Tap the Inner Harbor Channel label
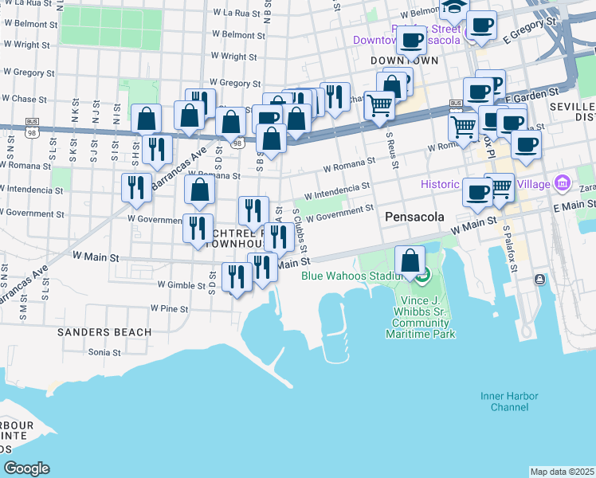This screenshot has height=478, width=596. [509, 402]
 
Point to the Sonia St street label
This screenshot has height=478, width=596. [105, 351]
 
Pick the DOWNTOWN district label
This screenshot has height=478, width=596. [405, 61]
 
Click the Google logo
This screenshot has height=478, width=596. [27, 468]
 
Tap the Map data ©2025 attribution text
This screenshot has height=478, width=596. [563, 472]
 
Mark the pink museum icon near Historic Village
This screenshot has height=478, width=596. [563, 184]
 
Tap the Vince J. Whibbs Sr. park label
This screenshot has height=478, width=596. [423, 319]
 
